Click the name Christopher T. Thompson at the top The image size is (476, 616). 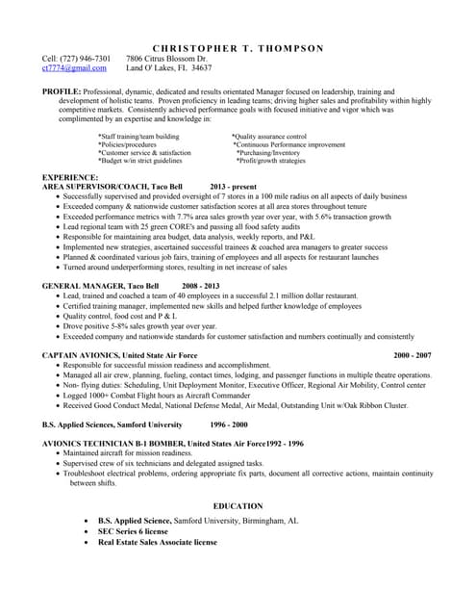click(238, 48)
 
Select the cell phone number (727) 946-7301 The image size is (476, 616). click(85, 59)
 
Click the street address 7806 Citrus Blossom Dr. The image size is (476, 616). click(166, 59)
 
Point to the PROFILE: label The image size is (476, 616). click(62, 91)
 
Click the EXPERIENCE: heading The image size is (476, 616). click(70, 178)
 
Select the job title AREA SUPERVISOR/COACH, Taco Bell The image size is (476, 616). click(113, 187)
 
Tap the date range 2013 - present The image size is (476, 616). click(233, 187)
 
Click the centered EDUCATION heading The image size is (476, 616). click(238, 506)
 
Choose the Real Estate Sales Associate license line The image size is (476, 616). click(157, 542)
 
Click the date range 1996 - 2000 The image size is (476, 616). click(228, 423)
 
